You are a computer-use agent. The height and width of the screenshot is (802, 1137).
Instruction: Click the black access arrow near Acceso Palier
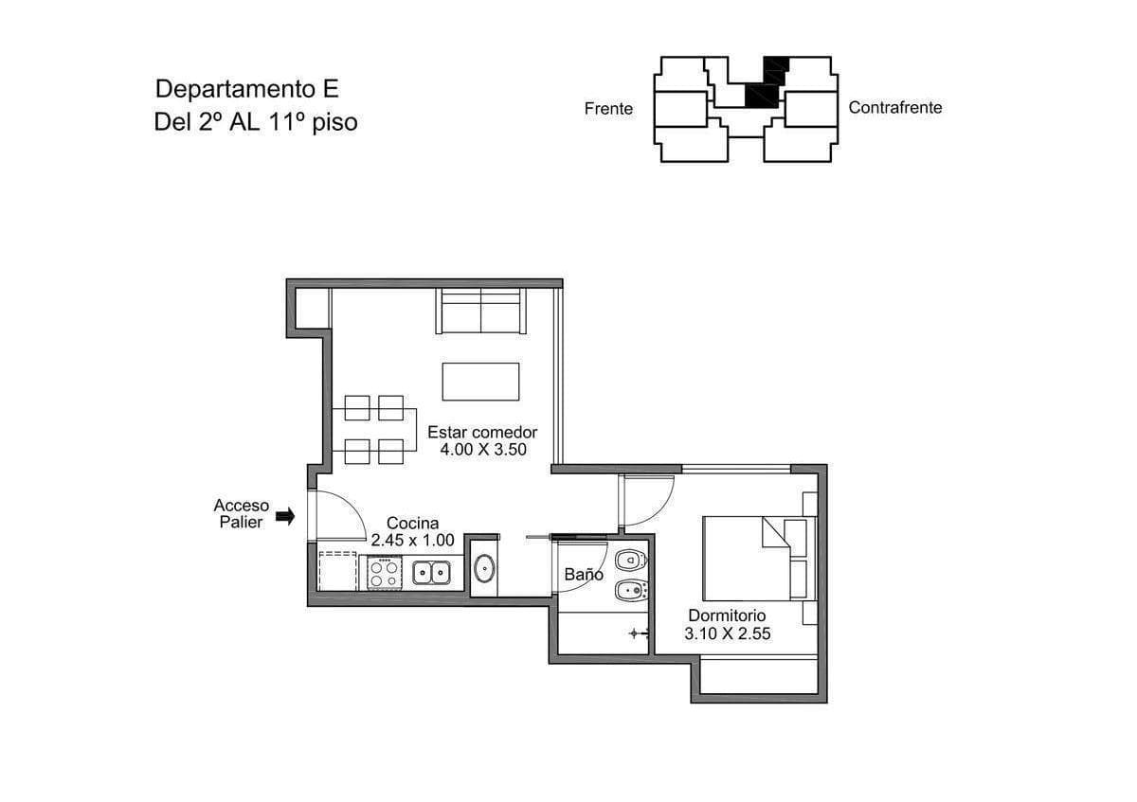tap(285, 517)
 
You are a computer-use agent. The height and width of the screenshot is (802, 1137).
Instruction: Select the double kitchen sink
tap(431, 573)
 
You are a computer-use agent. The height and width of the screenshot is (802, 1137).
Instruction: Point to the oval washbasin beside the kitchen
tap(485, 568)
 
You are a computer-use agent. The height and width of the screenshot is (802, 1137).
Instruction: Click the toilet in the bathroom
tap(631, 561)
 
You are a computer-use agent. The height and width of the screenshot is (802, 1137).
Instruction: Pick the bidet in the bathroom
tap(631, 590)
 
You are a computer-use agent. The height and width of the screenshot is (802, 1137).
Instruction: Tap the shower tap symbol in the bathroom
tap(639, 633)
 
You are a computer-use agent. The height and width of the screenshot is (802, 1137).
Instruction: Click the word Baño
tap(584, 575)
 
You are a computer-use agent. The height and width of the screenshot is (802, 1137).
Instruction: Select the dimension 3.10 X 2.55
tap(728, 633)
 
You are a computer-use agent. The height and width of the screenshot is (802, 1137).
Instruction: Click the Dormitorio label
tap(727, 615)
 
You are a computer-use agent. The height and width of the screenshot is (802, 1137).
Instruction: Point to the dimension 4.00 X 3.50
tap(483, 450)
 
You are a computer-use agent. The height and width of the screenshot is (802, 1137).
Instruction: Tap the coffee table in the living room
tap(480, 382)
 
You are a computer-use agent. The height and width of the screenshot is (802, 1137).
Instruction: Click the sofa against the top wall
tap(480, 311)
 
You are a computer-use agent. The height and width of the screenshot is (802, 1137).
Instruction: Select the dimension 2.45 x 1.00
tap(413, 541)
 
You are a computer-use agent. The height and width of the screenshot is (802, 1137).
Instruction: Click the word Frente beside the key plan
tap(608, 109)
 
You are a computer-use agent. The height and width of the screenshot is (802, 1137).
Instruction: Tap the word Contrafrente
tap(895, 108)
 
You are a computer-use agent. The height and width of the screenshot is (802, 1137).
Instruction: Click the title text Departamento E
tap(247, 89)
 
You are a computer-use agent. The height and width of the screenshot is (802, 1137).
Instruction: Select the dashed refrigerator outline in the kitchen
tap(337, 571)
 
